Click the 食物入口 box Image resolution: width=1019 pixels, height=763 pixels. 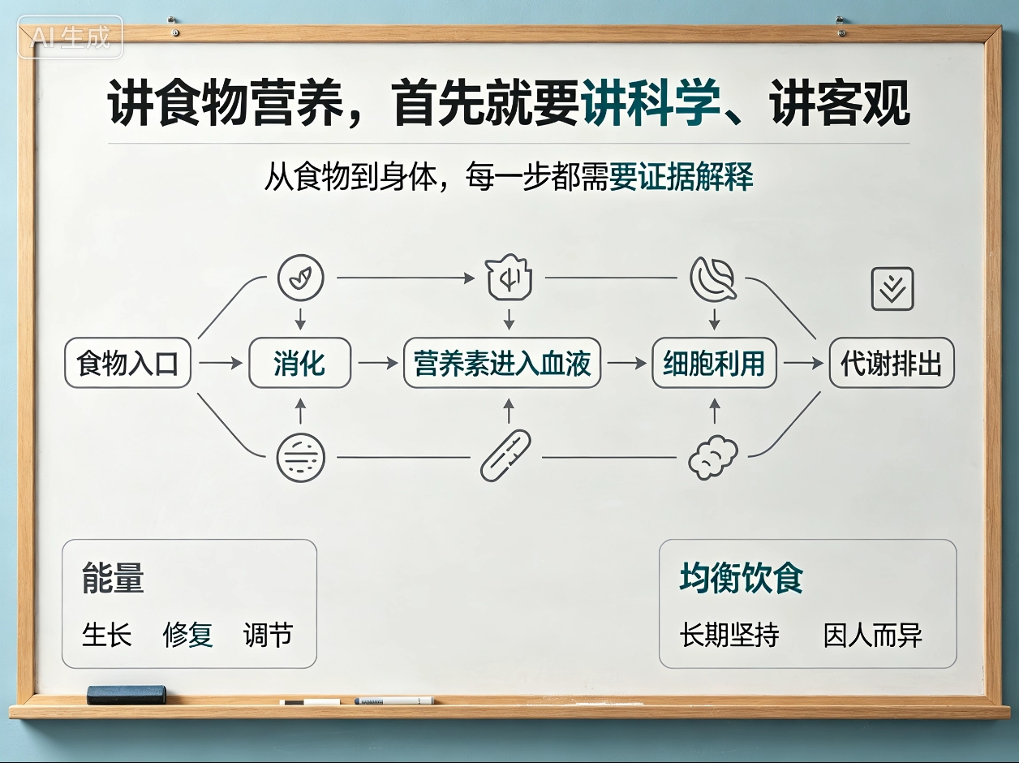tap(127, 363)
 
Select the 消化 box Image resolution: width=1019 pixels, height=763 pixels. tap(300, 363)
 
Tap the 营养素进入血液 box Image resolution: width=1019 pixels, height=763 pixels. tap(502, 363)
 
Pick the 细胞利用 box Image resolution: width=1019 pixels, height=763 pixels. tap(714, 363)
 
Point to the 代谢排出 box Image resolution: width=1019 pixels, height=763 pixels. tap(892, 363)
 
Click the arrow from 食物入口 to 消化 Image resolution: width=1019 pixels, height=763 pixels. tap(221, 363)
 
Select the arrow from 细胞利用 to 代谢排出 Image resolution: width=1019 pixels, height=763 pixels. tap(803, 363)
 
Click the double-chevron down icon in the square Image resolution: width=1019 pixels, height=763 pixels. tap(892, 288)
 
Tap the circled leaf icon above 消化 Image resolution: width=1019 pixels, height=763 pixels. tap(300, 278)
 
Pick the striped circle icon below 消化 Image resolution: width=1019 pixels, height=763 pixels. tap(300, 458)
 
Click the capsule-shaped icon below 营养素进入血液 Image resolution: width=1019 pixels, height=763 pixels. tap(505, 455)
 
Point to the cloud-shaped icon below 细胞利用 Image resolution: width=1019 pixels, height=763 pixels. tap(712, 457)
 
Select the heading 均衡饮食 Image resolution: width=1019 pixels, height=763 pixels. tap(741, 578)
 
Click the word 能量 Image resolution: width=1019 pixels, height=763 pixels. tap(113, 578)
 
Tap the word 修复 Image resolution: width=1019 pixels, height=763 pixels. tap(188, 635)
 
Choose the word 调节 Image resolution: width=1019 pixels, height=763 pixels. tap(269, 635)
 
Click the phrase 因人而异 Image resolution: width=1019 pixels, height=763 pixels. tap(872, 635)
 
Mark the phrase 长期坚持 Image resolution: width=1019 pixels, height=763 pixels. tap(729, 635)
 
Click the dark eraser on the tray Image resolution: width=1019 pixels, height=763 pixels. tap(127, 694)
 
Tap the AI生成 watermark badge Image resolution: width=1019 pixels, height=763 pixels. tap(71, 37)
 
